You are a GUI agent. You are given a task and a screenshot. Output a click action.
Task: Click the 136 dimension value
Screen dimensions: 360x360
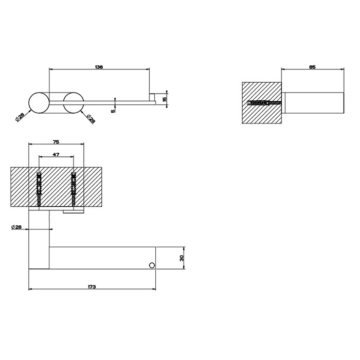pyautogui.click(x=99, y=67)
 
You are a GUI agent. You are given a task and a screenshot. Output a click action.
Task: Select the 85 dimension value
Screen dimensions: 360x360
pyautogui.click(x=313, y=67)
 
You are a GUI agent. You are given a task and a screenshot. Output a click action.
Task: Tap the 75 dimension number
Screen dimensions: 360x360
pyautogui.click(x=56, y=142)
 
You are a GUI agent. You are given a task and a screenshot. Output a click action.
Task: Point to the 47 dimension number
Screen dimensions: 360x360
pyautogui.click(x=56, y=155)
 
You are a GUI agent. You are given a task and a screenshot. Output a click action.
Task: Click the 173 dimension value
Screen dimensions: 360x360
pyautogui.click(x=92, y=287)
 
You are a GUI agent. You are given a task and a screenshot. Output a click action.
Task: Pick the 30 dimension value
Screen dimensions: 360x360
pyautogui.click(x=182, y=258)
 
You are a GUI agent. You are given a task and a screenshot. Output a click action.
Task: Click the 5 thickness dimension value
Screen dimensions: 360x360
pyautogui.click(x=113, y=111)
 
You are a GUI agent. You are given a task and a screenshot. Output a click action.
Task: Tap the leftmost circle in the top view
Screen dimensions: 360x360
pyautogui.click(x=39, y=103)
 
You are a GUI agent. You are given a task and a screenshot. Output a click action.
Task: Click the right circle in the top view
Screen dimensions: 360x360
pyautogui.click(x=74, y=103)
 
